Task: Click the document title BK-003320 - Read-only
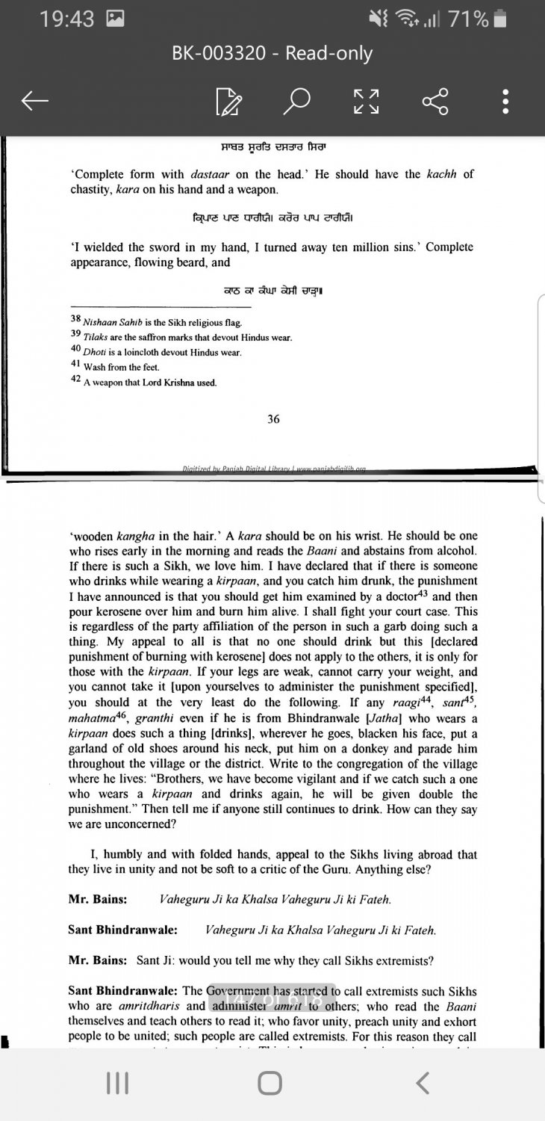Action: click(272, 54)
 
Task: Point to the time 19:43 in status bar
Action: click(66, 19)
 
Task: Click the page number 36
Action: click(273, 419)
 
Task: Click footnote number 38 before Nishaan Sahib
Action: click(75, 319)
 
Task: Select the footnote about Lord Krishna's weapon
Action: click(149, 383)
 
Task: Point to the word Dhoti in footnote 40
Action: click(95, 352)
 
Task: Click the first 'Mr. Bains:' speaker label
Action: click(96, 900)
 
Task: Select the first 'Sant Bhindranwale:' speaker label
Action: click(122, 930)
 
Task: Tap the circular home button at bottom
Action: click(270, 1083)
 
